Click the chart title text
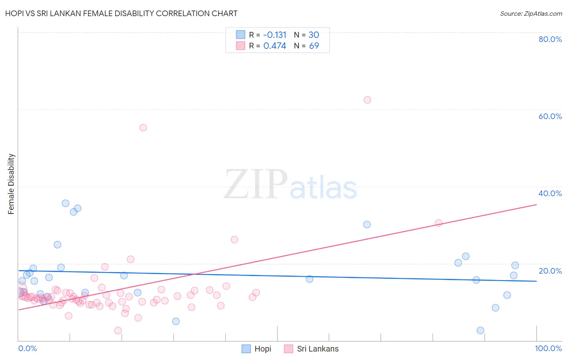121,13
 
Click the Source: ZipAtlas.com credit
531,13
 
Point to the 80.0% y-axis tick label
550,39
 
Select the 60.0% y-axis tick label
550,116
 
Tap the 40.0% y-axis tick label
550,193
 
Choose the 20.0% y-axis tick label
550,271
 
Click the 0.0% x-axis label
27,348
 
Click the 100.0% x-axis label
548,348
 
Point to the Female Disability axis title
11,184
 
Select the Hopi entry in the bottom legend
263,349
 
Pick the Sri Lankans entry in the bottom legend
317,349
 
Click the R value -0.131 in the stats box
275,35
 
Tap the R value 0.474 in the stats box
275,46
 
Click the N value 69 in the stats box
314,46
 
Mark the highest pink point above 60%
367,100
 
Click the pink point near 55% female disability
143,128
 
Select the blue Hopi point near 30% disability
367,224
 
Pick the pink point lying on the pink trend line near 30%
438,223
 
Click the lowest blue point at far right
480,331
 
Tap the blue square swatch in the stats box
240,35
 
